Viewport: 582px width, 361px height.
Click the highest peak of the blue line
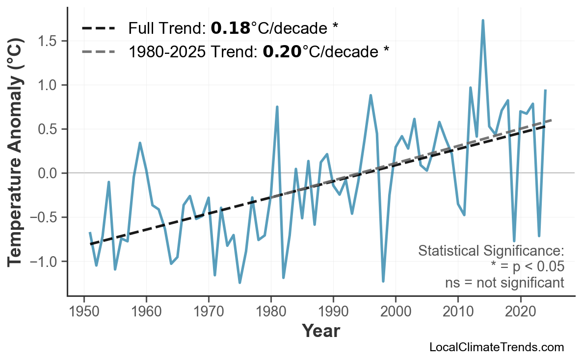click(x=483, y=21)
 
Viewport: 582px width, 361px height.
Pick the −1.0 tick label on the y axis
click(x=45, y=262)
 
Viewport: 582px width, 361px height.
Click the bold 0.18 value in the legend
click(x=230, y=28)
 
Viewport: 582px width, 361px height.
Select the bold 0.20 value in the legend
click(x=282, y=51)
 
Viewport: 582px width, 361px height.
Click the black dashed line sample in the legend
click(x=98, y=28)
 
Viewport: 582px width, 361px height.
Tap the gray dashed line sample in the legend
click(x=98, y=51)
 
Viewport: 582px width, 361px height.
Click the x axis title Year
click(x=320, y=331)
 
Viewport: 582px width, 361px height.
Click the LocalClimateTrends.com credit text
click(x=496, y=348)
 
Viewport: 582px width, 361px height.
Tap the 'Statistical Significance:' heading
click(x=491, y=251)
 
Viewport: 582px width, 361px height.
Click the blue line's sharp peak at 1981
click(x=277, y=106)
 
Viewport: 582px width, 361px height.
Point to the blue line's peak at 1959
click(x=140, y=143)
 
